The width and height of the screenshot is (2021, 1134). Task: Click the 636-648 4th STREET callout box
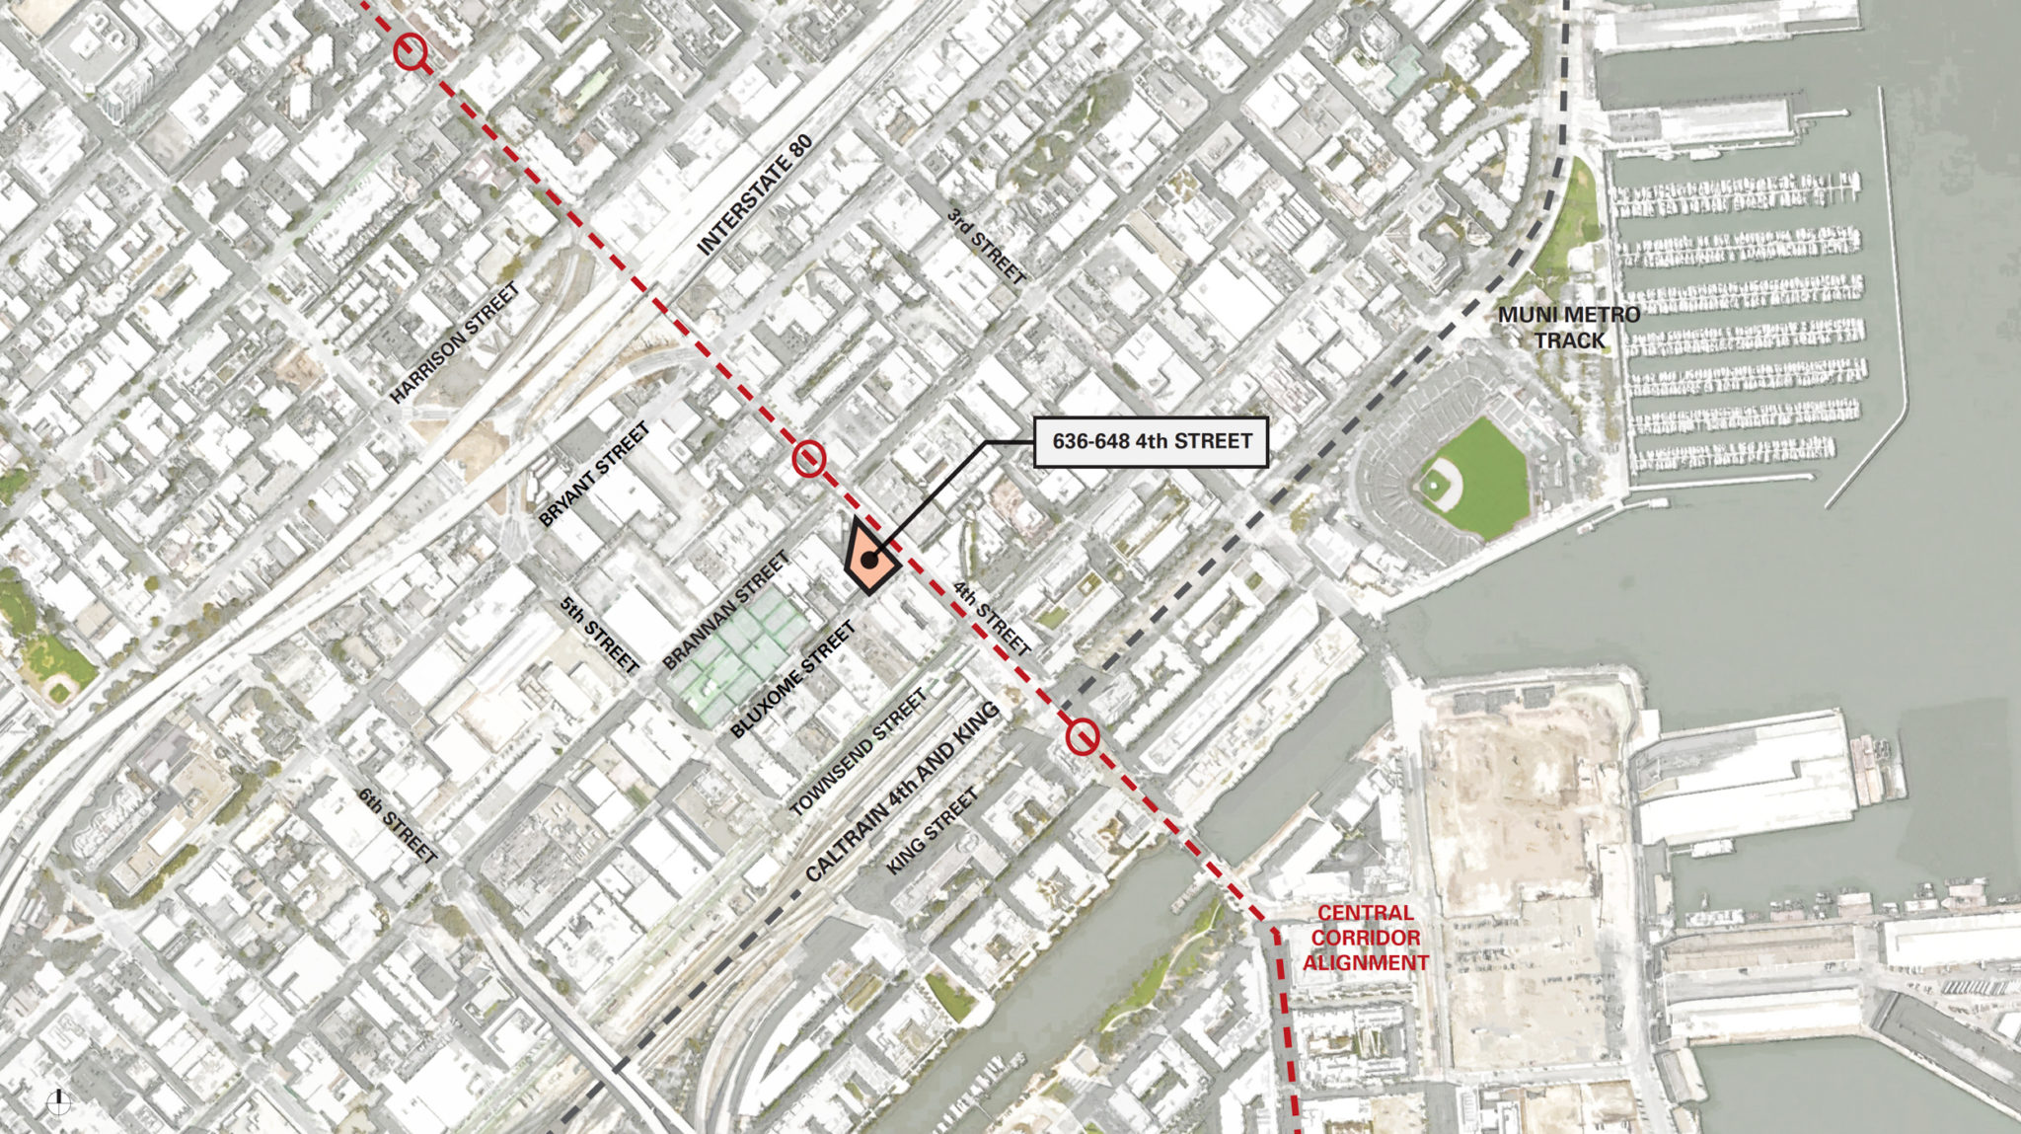1151,441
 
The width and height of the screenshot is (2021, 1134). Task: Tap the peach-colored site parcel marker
868,559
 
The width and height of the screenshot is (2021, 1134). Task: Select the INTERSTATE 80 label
755,195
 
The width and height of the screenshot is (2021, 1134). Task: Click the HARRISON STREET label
455,343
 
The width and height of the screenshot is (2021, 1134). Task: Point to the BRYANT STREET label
594,475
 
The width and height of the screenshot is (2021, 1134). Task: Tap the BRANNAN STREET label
726,611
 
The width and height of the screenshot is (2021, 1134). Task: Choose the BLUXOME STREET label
792,681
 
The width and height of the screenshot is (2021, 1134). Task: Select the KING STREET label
933,830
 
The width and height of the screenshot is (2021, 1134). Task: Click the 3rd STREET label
986,246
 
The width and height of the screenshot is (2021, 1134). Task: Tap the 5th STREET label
600,635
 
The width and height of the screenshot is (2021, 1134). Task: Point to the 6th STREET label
397,825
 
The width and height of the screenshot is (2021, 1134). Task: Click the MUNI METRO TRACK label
1569,328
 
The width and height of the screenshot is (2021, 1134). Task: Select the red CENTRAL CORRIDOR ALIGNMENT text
1366,938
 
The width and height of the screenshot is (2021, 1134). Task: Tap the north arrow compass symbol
59,1101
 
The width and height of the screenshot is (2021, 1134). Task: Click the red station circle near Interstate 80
411,51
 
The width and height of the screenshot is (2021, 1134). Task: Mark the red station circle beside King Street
1083,737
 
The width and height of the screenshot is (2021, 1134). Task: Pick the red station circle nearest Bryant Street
809,458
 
